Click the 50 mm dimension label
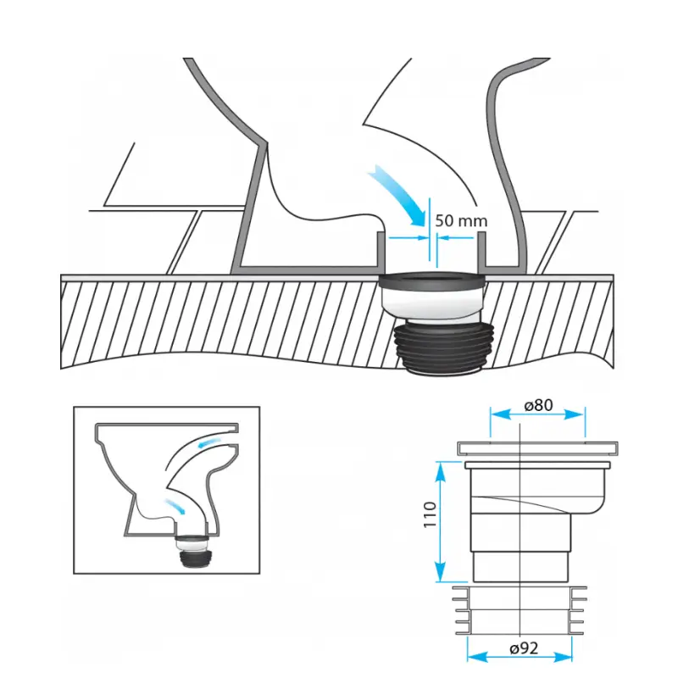(461, 220)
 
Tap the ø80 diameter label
(538, 405)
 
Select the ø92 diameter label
(524, 648)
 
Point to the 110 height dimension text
(430, 514)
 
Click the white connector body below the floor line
(432, 306)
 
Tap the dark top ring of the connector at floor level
(432, 281)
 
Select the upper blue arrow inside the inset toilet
(209, 442)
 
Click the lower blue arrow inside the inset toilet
(175, 505)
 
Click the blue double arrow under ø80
(537, 415)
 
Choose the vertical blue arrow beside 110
(440, 522)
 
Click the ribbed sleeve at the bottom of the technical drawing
(520, 610)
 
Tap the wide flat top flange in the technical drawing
(537, 448)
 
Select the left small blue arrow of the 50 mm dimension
(408, 237)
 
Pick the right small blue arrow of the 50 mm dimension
(456, 237)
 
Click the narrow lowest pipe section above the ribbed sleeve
(521, 567)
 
